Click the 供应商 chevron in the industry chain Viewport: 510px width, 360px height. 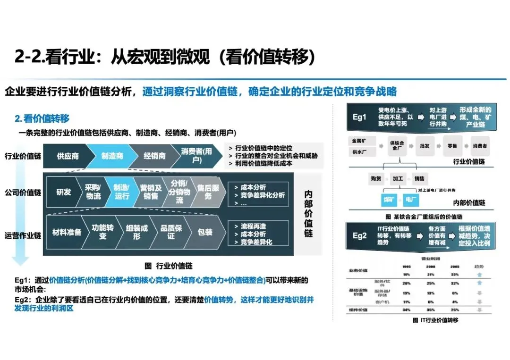coord(68,156)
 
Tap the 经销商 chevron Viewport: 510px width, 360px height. coord(154,156)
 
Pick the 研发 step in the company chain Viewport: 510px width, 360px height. coord(64,192)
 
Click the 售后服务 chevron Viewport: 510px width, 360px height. coord(208,192)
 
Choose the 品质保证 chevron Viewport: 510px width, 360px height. coord(170,232)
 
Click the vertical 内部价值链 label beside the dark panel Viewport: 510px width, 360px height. coord(308,213)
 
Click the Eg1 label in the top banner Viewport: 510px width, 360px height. coord(359,117)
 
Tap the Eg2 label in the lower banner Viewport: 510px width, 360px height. coord(359,235)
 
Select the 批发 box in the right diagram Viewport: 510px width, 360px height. coord(425,146)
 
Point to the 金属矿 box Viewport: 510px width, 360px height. coord(361,141)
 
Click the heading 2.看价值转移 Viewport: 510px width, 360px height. coord(42,119)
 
